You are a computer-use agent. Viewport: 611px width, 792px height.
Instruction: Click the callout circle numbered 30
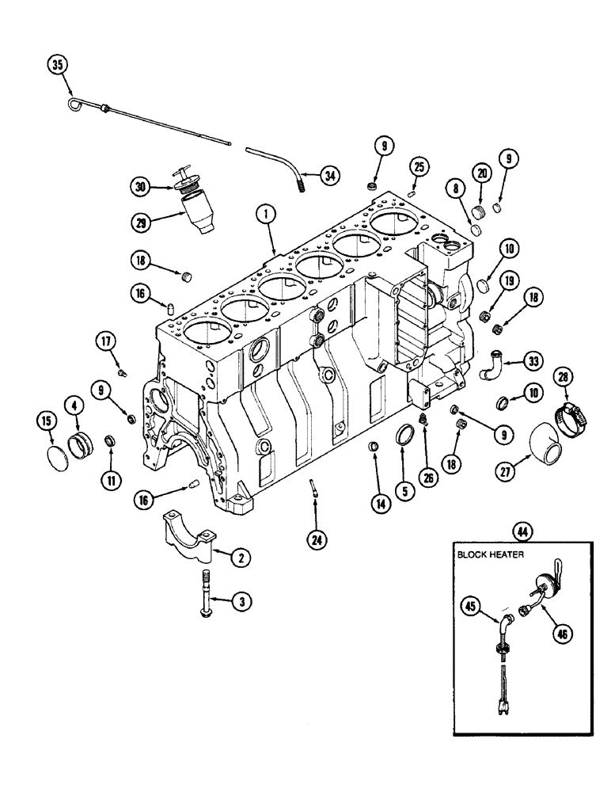[142, 187]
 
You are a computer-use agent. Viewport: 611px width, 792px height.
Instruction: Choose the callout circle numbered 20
[482, 173]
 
